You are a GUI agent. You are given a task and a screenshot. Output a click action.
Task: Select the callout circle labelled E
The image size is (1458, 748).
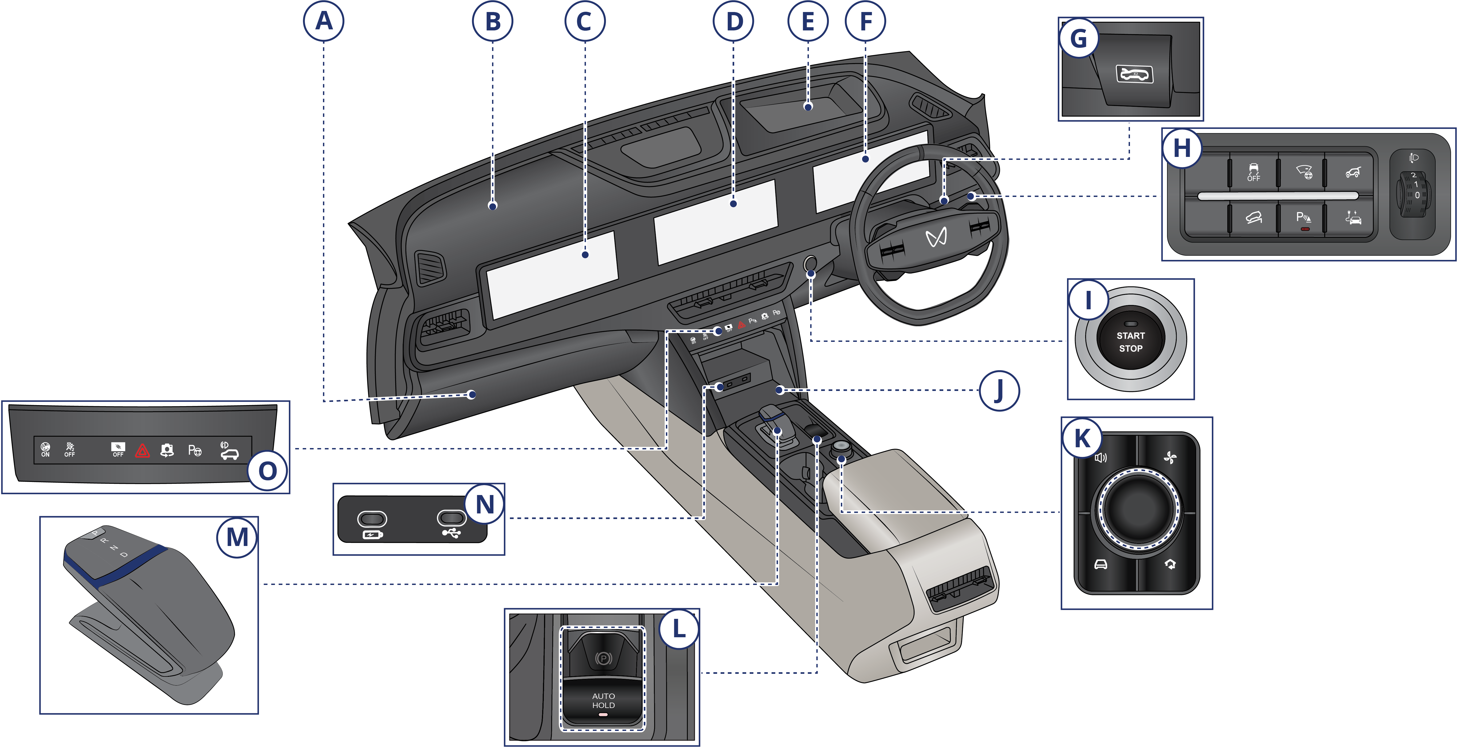point(808,22)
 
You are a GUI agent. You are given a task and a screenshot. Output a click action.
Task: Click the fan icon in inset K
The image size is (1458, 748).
point(1170,457)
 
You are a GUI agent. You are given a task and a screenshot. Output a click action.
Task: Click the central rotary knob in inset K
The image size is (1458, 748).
point(1138,508)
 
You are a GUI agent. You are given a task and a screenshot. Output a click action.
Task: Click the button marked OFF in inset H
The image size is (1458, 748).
point(1253,172)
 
